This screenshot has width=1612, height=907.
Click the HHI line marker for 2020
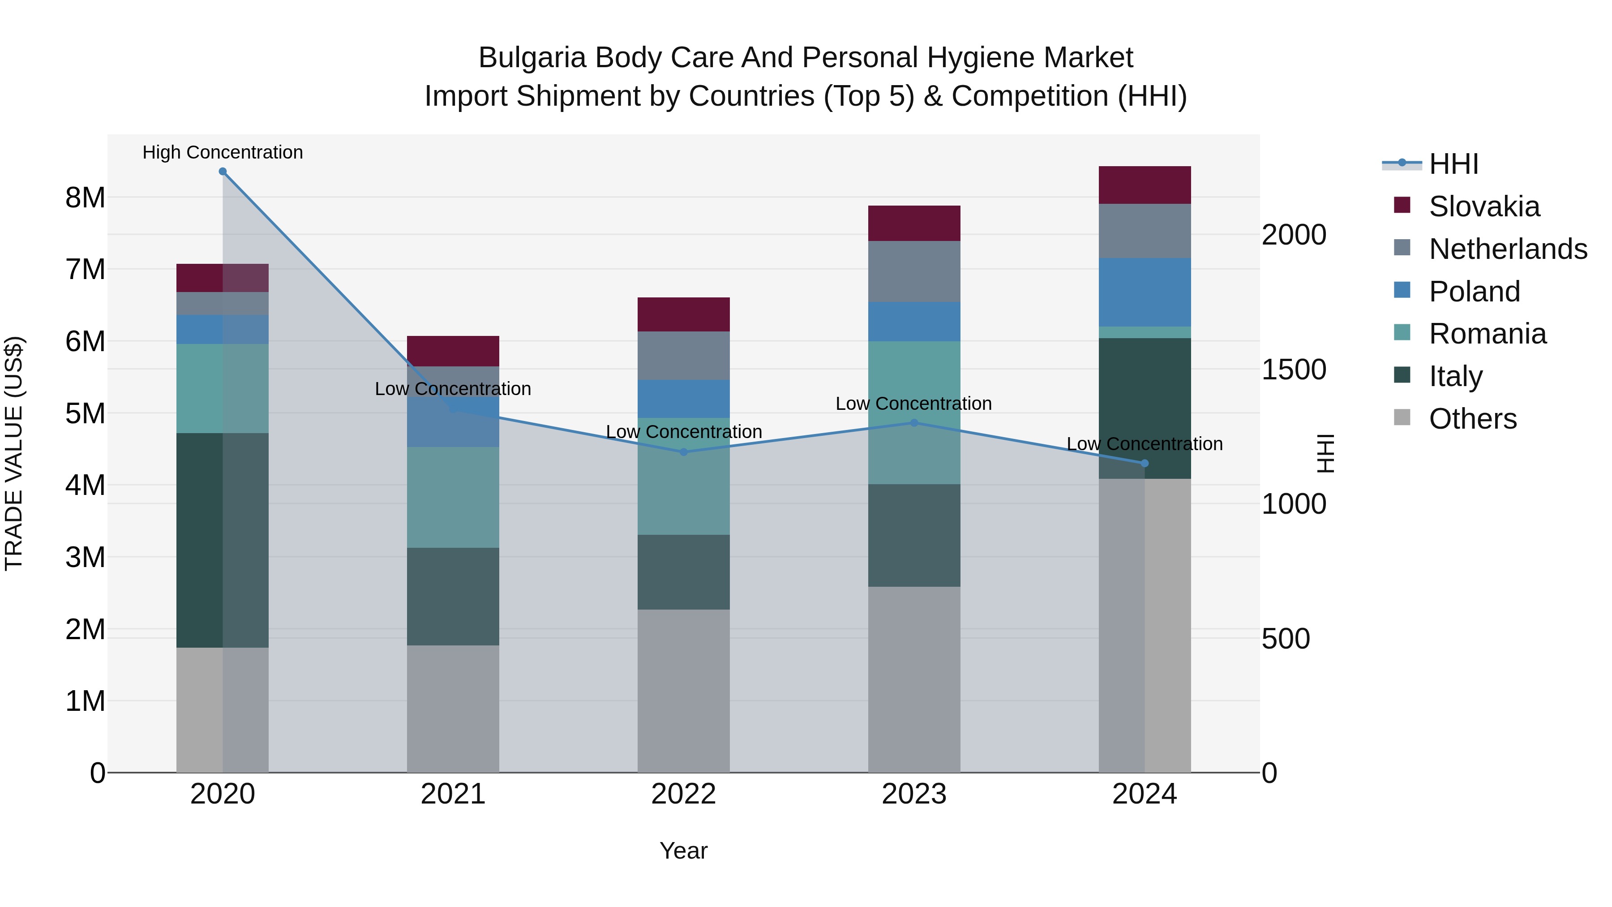223,172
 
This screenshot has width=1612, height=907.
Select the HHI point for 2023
913,422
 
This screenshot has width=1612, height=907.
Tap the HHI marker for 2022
683,452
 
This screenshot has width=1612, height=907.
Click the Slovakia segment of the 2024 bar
1145,185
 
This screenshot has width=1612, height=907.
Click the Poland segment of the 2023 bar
913,322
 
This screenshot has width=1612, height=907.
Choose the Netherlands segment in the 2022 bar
683,356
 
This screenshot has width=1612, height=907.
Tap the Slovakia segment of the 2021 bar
453,351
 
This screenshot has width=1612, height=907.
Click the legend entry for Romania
1487,334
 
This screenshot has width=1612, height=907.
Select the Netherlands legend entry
1507,249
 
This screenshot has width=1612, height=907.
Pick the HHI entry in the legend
1453,164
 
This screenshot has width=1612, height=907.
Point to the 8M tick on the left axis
85,198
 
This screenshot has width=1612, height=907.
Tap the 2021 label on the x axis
453,794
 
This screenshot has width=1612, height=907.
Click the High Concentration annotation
223,152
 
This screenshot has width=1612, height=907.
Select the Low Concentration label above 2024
1145,444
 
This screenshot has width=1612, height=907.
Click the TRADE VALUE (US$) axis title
14,453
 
